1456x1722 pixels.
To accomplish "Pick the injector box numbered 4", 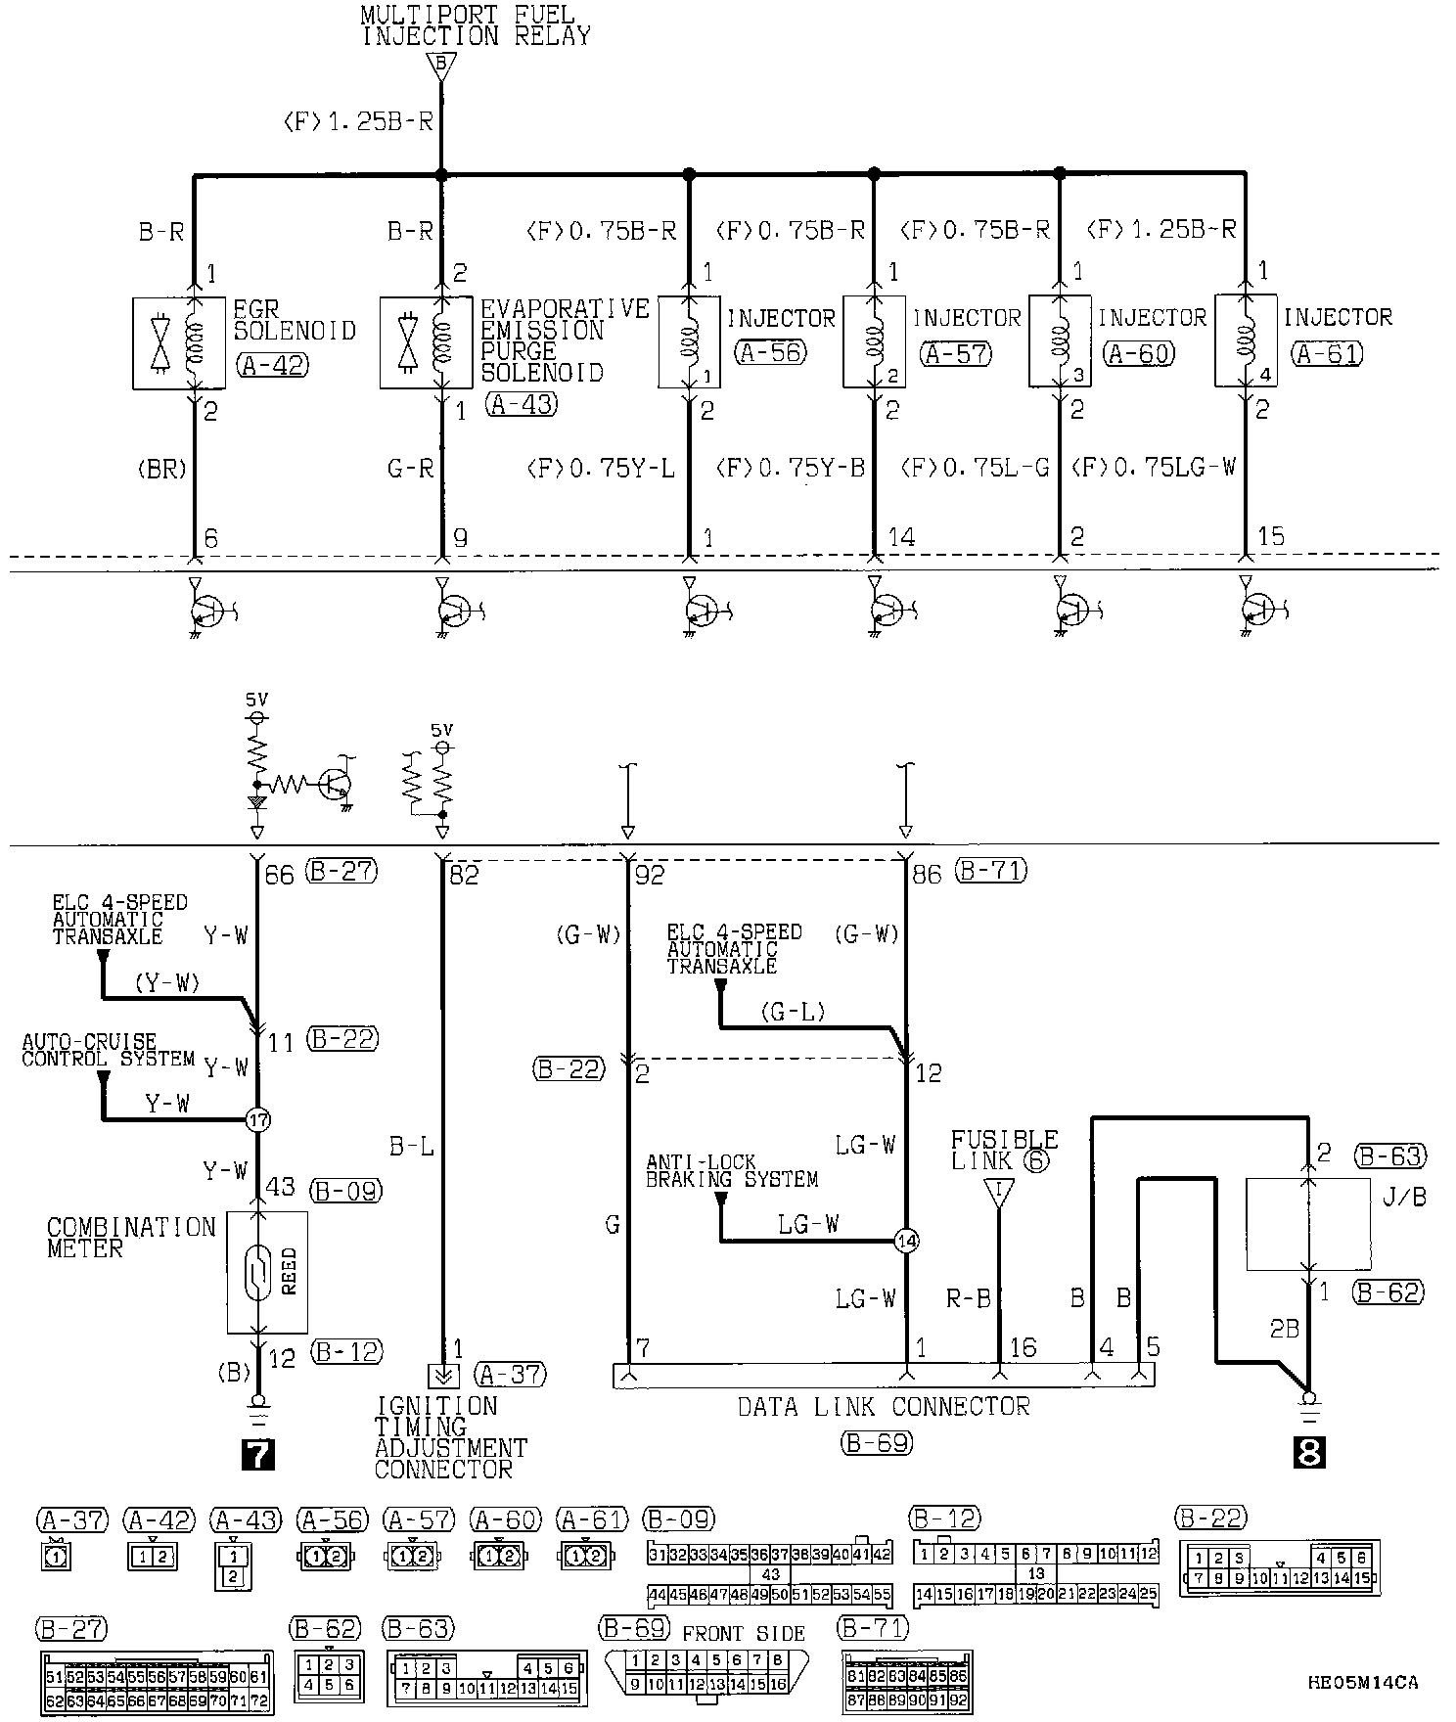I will (1245, 340).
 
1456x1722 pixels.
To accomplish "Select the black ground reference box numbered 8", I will (1307, 1452).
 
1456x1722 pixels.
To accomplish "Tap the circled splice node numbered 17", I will (257, 1120).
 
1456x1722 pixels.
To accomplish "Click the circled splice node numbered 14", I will (907, 1241).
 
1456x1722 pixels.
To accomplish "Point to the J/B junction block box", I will (1307, 1224).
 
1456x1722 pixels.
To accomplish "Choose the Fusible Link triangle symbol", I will (999, 1193).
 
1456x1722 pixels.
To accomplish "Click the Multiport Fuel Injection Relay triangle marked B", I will (441, 66).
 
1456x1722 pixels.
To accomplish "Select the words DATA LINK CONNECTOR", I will (884, 1407).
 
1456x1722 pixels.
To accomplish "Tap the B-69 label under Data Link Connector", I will (876, 1442).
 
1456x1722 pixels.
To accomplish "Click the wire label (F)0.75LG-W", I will (1155, 468).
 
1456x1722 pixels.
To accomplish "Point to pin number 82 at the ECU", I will (464, 875).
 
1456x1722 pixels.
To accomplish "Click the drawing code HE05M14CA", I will (1363, 1683).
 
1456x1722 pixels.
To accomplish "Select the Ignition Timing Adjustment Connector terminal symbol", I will (443, 1376).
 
